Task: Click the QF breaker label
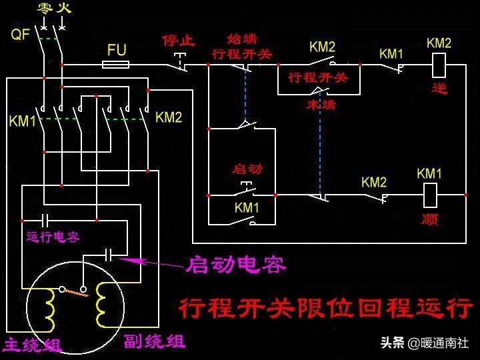(x=21, y=34)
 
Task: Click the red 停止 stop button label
(x=179, y=41)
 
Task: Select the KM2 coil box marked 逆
(x=439, y=65)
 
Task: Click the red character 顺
(x=430, y=219)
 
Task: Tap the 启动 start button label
(x=247, y=169)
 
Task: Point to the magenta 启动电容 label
(x=236, y=265)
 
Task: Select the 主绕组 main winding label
(x=32, y=345)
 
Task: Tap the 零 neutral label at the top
(x=45, y=9)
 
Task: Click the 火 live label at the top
(x=64, y=9)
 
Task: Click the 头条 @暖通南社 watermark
(x=424, y=343)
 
